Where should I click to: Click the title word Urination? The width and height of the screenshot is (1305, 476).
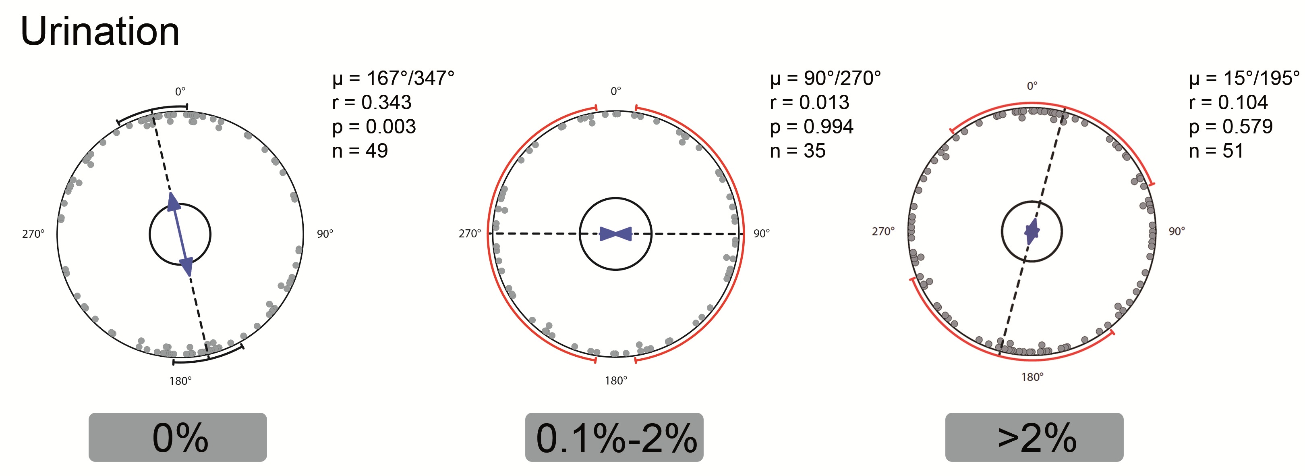(x=100, y=31)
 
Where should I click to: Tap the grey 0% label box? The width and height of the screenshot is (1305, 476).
(x=178, y=437)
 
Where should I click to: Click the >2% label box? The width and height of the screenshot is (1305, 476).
(x=1034, y=437)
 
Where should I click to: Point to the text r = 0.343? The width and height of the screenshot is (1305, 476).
(x=372, y=102)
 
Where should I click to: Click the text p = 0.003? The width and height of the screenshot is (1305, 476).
(x=374, y=127)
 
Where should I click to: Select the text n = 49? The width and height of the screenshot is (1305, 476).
(x=360, y=151)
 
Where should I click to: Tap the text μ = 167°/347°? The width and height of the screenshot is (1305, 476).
(x=393, y=79)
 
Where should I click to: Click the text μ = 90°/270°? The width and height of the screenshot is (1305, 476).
(x=825, y=79)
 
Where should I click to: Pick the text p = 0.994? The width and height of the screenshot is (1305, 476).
(x=812, y=127)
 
